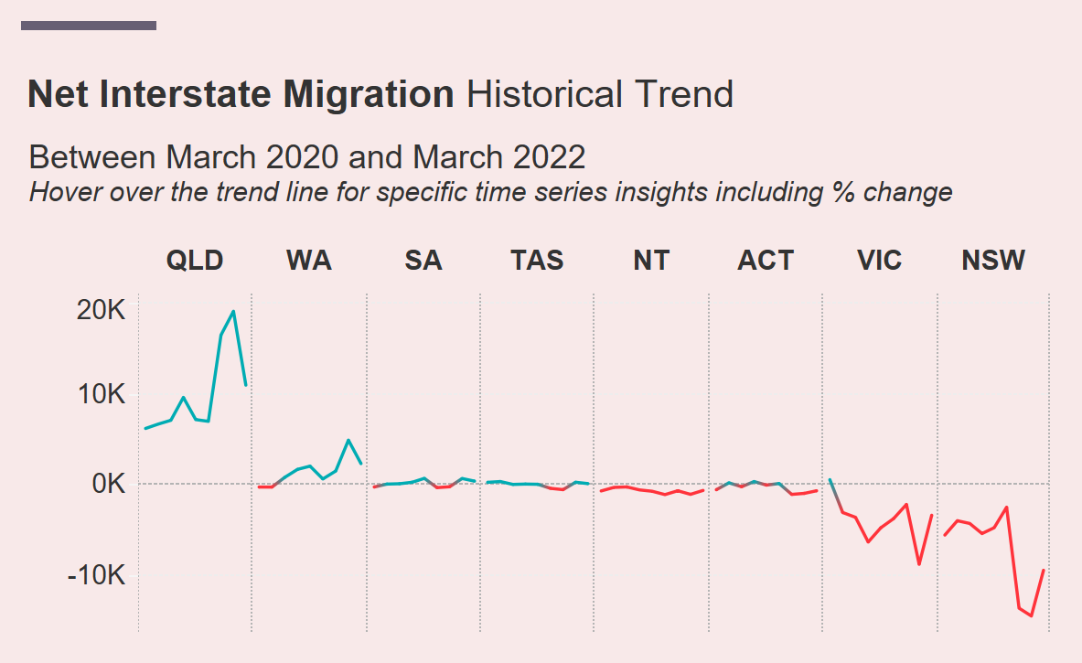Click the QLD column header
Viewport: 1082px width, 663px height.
coord(194,261)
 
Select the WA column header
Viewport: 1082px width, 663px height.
coord(309,261)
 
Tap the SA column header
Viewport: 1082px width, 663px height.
coord(423,261)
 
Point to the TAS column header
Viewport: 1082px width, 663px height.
coord(537,261)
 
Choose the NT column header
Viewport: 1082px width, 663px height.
coord(651,261)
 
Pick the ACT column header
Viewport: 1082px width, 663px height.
coord(766,261)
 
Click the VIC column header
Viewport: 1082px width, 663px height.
coord(880,261)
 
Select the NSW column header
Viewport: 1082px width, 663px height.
coord(993,261)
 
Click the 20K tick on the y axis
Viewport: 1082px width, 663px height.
coord(101,311)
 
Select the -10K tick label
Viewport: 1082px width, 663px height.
coord(96,575)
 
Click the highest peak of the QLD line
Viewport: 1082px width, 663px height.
coord(233,311)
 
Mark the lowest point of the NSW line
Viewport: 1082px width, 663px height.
coord(1031,616)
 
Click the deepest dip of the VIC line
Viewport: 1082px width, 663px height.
coord(919,564)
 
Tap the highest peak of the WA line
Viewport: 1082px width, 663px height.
coord(348,440)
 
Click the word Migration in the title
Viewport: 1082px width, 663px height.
coord(367,94)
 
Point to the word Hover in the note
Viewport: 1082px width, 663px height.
coord(60,193)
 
